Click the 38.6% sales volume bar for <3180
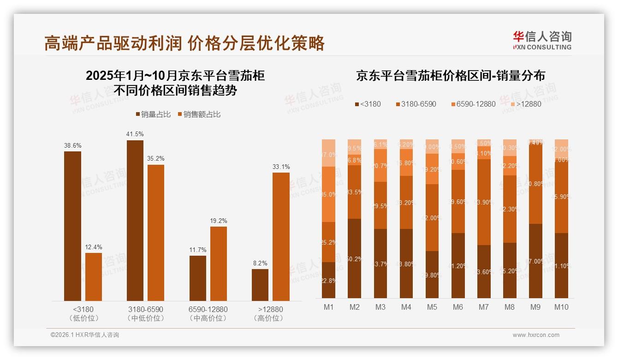(x=72, y=226)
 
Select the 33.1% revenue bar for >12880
(x=281, y=237)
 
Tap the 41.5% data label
(x=135, y=134)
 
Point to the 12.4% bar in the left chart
(x=94, y=277)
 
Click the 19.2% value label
(x=218, y=221)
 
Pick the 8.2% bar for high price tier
(x=260, y=285)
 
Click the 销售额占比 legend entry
(x=199, y=114)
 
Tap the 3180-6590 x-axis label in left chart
(x=145, y=309)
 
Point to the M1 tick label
(x=328, y=307)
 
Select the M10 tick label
(x=561, y=307)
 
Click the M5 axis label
(x=432, y=307)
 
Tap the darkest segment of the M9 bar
(x=535, y=261)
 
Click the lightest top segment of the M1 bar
(x=328, y=152)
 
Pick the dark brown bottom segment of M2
(x=354, y=258)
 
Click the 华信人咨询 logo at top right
(x=542, y=40)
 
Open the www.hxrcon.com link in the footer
(x=536, y=335)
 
